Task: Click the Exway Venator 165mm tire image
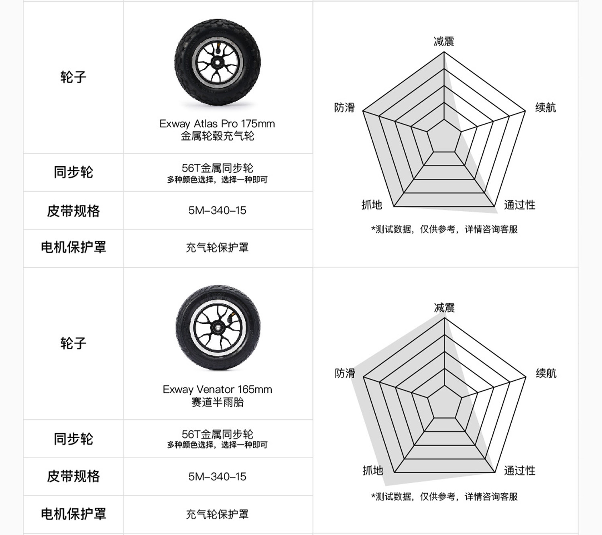click(x=218, y=328)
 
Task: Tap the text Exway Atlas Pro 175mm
click(x=217, y=124)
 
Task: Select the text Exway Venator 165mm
click(x=217, y=390)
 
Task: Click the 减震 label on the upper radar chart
click(x=443, y=41)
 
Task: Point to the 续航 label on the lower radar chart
click(x=546, y=373)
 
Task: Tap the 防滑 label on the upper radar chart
click(x=344, y=108)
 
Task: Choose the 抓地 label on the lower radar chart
click(x=372, y=470)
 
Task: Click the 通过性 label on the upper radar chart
click(x=519, y=205)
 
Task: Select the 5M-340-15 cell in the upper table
click(x=217, y=210)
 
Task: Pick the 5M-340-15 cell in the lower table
click(x=217, y=477)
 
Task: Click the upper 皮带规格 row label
click(x=73, y=211)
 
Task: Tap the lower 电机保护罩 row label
click(x=73, y=514)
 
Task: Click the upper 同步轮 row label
click(x=73, y=172)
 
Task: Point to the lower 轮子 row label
click(x=73, y=343)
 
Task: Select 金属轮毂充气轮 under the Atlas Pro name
click(x=217, y=136)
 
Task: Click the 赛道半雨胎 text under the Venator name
click(x=217, y=402)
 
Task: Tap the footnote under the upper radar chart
click(x=444, y=229)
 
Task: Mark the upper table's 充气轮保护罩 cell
click(x=217, y=247)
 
